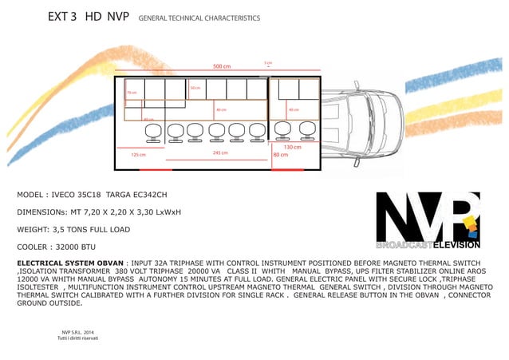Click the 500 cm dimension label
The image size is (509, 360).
222,66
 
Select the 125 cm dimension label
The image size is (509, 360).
138,154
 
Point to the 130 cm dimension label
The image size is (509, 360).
292,147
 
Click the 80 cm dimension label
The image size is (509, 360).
281,154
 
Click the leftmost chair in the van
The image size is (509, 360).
154,133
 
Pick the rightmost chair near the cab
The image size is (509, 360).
306,129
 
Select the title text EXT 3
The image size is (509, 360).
61,17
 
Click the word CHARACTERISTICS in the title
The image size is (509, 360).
227,18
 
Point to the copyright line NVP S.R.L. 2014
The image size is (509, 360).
77,332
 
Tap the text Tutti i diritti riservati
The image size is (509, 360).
77,338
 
